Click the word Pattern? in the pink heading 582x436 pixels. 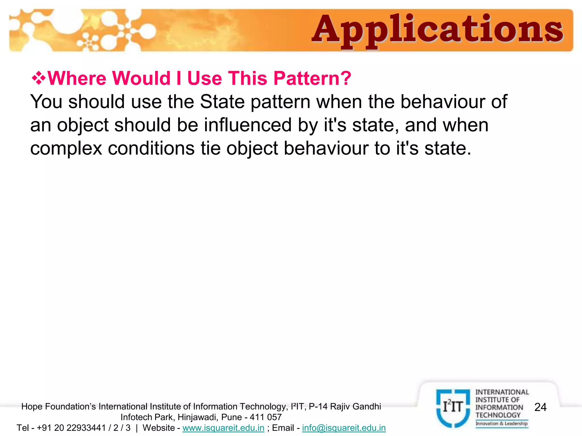click(x=312, y=78)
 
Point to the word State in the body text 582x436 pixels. click(x=222, y=102)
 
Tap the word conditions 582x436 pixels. click(x=151, y=148)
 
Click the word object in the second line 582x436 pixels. click(x=83, y=125)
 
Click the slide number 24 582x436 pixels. click(x=540, y=407)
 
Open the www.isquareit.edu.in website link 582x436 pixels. click(x=223, y=428)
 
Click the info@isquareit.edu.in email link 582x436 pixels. click(x=344, y=428)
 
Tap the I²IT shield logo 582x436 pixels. click(x=453, y=408)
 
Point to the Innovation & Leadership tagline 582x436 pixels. click(x=502, y=424)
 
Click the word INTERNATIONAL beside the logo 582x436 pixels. click(x=502, y=392)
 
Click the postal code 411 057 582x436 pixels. click(x=266, y=417)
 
